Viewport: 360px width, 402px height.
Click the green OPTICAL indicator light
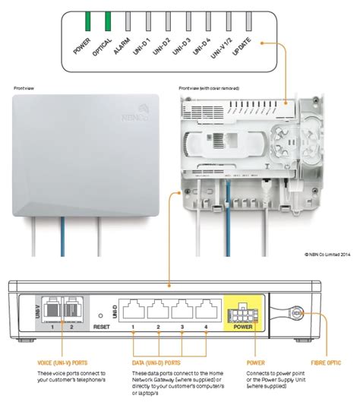(x=108, y=18)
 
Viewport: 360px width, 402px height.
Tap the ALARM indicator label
(x=122, y=46)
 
